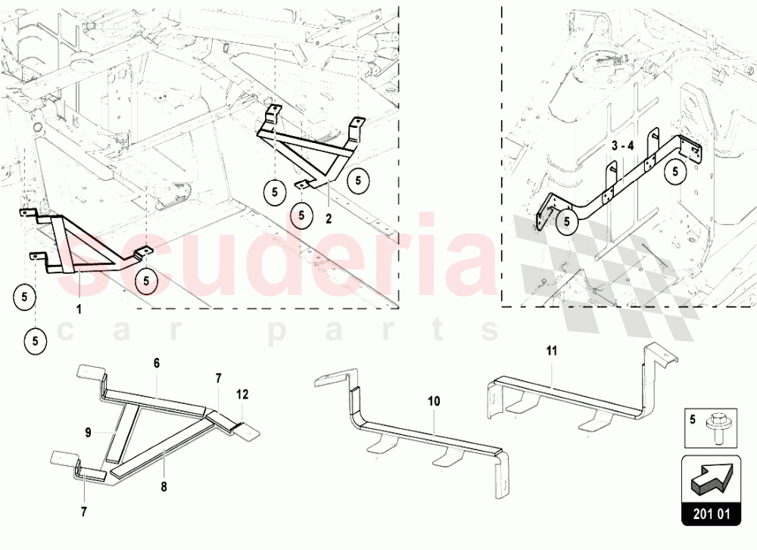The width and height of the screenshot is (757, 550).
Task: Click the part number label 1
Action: point(79,309)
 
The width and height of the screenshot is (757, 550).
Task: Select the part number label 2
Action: point(329,219)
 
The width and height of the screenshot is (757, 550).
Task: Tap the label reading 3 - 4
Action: point(622,146)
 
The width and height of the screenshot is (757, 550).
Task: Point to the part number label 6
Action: point(157,363)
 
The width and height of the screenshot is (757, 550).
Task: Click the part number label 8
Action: point(164,486)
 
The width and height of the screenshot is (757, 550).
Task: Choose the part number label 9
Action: point(88,432)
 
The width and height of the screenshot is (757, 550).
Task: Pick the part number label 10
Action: point(434,401)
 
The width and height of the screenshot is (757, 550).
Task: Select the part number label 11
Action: point(552,351)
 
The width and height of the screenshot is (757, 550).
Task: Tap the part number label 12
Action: point(242,394)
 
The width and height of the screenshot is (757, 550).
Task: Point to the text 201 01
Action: point(712,514)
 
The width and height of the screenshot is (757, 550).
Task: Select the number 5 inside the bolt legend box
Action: point(693,419)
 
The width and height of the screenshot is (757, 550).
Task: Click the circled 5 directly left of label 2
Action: point(302,215)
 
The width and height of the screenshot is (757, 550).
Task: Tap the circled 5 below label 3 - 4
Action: point(567,222)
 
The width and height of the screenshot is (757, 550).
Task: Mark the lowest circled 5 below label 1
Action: point(36,341)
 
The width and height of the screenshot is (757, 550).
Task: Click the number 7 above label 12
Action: point(218,378)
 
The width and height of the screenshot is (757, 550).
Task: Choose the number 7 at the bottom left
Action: point(84,512)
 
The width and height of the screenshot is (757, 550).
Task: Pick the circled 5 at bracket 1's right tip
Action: point(146,281)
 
